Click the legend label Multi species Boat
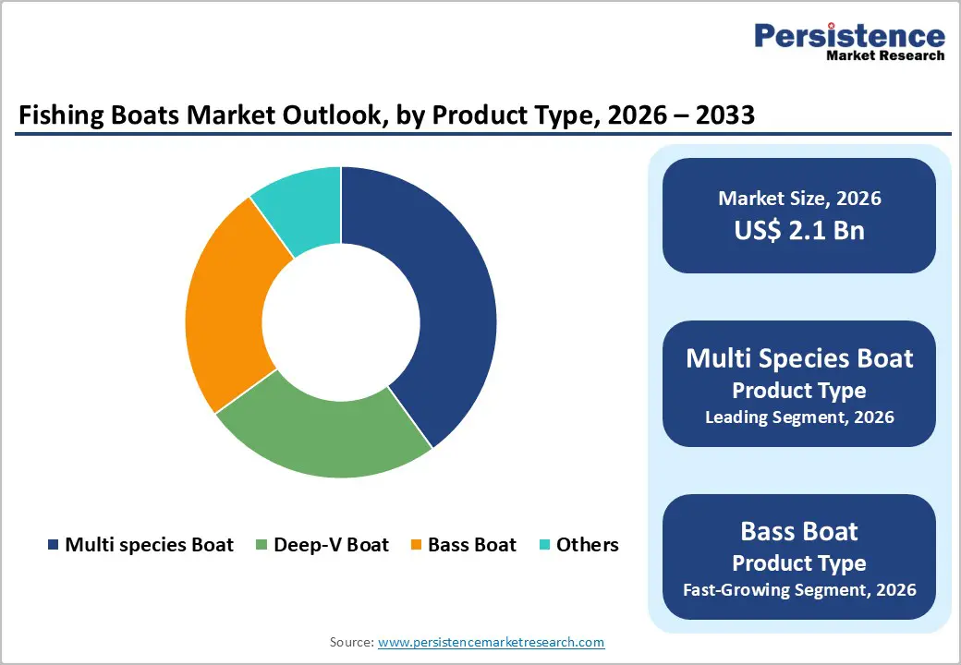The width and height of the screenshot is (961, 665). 149,545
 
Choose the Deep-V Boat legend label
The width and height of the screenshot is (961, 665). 331,545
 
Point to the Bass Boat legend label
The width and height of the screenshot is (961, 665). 472,545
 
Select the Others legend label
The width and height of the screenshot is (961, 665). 587,545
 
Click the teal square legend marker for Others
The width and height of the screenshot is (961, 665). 543,546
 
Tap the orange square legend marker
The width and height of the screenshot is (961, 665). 416,546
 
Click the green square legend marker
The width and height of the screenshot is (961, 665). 262,546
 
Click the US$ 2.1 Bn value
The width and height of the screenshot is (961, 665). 799,230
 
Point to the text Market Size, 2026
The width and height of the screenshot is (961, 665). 799,199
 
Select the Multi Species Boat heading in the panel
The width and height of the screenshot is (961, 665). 799,358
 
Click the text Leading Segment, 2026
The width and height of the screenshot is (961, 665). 799,417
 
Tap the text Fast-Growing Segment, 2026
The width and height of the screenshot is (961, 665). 799,589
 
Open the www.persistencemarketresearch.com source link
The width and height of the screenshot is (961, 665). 491,642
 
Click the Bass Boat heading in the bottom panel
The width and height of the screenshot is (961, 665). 799,531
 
